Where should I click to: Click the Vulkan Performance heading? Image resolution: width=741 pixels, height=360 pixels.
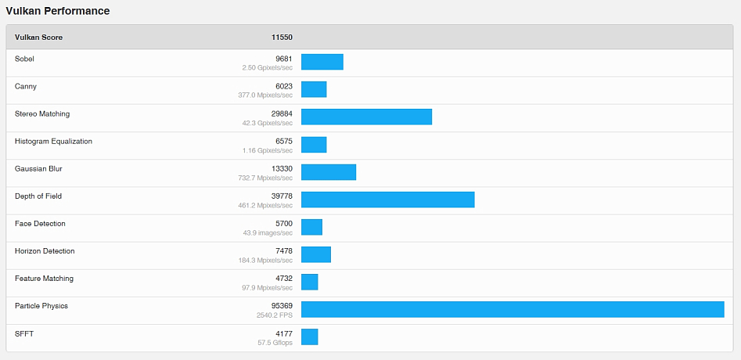pos(58,11)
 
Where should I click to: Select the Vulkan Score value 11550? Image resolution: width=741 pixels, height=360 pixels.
pos(282,37)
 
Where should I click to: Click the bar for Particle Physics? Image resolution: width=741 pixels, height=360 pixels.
pos(513,309)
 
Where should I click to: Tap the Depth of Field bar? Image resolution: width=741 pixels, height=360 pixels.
pos(387,200)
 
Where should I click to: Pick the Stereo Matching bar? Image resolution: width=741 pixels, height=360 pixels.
pos(366,117)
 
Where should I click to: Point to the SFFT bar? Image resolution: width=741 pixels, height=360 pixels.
pos(310,337)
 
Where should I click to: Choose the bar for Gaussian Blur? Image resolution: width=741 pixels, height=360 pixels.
pos(329,172)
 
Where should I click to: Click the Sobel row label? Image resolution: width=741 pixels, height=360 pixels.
pos(24,59)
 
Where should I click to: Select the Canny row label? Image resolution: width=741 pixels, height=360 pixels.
pos(26,86)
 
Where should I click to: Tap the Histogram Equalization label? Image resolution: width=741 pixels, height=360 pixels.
pos(53,141)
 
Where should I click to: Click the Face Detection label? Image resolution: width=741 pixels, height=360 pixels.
pos(40,224)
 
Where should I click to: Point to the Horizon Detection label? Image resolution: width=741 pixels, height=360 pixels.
pos(45,251)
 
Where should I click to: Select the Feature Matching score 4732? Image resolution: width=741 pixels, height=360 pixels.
pos(283,279)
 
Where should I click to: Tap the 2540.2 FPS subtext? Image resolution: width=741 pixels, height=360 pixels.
pos(275,315)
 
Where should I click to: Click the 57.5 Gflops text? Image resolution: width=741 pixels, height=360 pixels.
pos(275,343)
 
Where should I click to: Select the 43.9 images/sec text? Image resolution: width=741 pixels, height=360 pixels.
pos(268,232)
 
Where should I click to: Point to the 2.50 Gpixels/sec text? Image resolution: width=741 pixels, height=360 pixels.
pos(268,68)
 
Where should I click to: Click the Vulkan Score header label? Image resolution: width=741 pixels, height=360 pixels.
pos(38,37)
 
